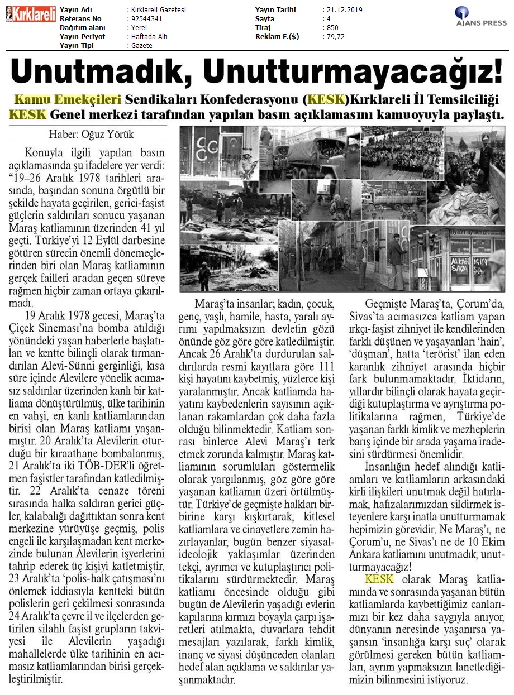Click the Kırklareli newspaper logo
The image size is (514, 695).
click(x=30, y=14)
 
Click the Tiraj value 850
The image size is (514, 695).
click(x=332, y=28)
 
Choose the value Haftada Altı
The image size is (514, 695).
click(x=149, y=37)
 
